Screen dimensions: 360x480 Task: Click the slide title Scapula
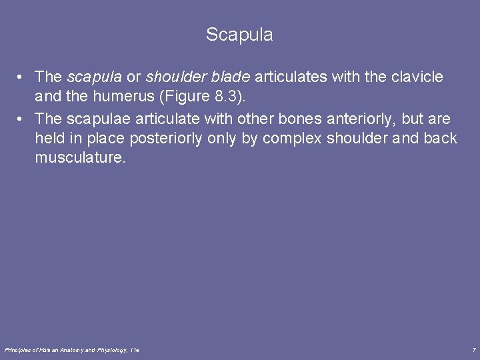coord(239,35)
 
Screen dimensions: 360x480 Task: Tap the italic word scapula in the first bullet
coord(94,77)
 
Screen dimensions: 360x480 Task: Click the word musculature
coord(80,158)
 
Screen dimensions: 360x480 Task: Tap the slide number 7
coord(473,350)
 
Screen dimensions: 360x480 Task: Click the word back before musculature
coord(442,139)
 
